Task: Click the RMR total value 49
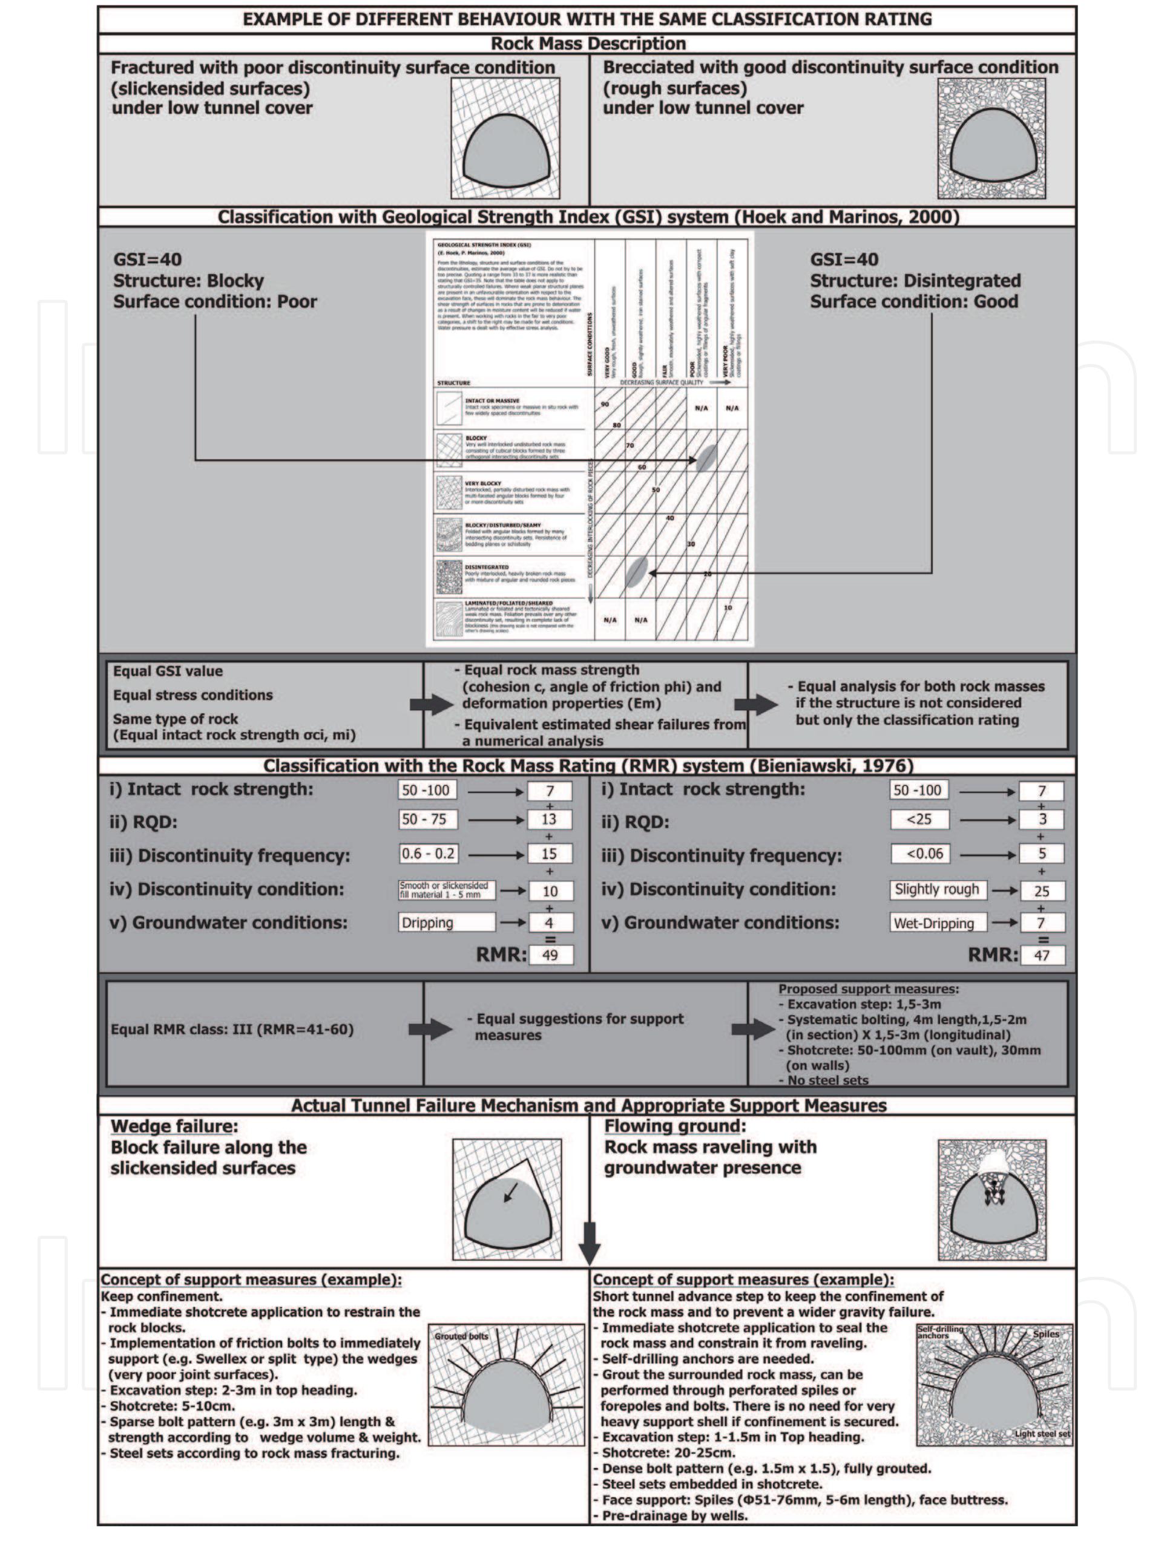550,955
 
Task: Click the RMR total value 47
1042,955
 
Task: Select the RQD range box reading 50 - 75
427,819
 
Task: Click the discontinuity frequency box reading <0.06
919,853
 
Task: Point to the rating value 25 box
1042,891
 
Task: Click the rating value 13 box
550,819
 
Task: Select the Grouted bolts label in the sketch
461,1336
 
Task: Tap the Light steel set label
1042,1434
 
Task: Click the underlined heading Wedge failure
174,1126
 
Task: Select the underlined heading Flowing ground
674,1126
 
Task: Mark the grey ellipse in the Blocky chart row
706,458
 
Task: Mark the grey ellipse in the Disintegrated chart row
636,572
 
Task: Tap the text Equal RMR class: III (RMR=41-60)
232,1030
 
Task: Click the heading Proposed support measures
867,989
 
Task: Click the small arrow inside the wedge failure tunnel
510,1194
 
